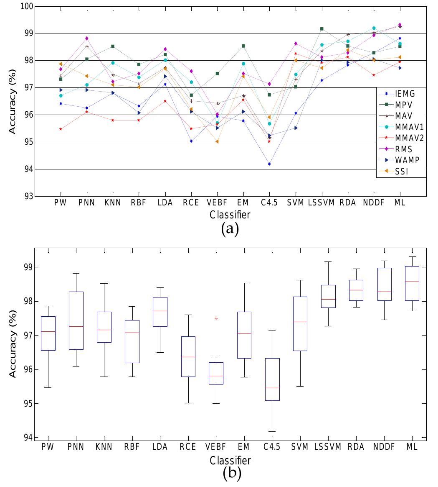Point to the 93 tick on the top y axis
coord(28,196)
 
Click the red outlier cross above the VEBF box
coord(216,318)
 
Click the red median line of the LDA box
coord(160,311)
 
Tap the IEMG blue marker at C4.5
coord(269,164)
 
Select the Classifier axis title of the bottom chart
coord(230,461)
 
